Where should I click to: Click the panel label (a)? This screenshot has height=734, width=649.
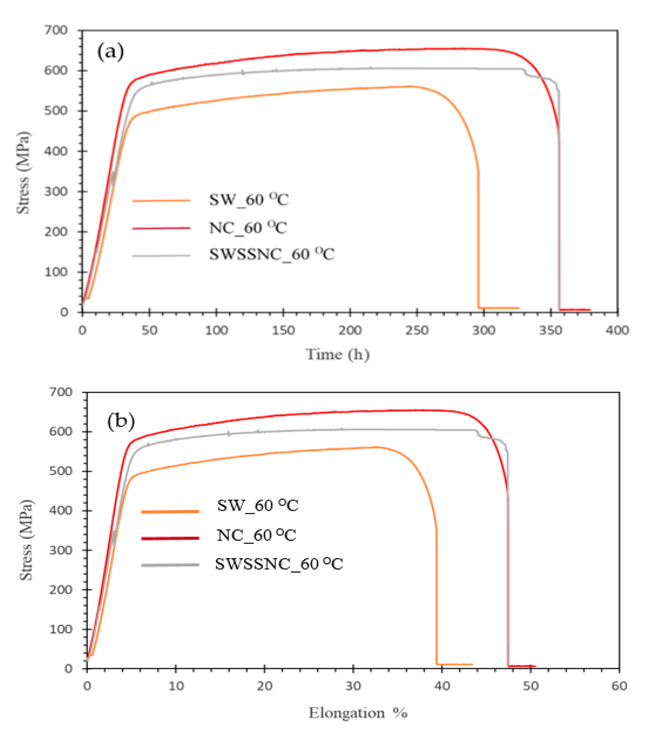[110, 52]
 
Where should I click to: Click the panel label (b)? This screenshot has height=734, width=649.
[121, 421]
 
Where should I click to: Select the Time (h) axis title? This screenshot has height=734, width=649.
[337, 355]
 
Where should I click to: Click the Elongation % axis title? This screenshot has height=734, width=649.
[358, 713]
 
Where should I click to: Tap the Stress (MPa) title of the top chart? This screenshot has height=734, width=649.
[23, 173]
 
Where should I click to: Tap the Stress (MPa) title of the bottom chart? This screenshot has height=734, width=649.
[26, 540]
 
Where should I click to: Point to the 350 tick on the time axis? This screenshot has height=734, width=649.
[550, 330]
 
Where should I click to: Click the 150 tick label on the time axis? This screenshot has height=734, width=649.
[283, 330]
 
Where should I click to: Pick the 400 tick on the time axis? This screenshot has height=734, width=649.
[617, 330]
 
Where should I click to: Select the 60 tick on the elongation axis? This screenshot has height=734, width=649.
[619, 686]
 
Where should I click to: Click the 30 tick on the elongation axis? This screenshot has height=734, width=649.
[353, 686]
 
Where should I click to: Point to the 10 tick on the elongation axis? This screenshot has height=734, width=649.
[176, 686]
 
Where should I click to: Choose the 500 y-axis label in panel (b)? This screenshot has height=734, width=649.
[61, 471]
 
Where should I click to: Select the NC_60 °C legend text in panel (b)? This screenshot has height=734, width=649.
[256, 535]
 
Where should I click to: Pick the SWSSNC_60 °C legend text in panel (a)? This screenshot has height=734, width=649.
[272, 254]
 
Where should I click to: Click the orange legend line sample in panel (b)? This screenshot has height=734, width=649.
[170, 512]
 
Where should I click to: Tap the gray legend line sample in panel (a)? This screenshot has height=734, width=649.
[161, 256]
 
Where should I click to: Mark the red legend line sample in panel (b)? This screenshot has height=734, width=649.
[170, 538]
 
